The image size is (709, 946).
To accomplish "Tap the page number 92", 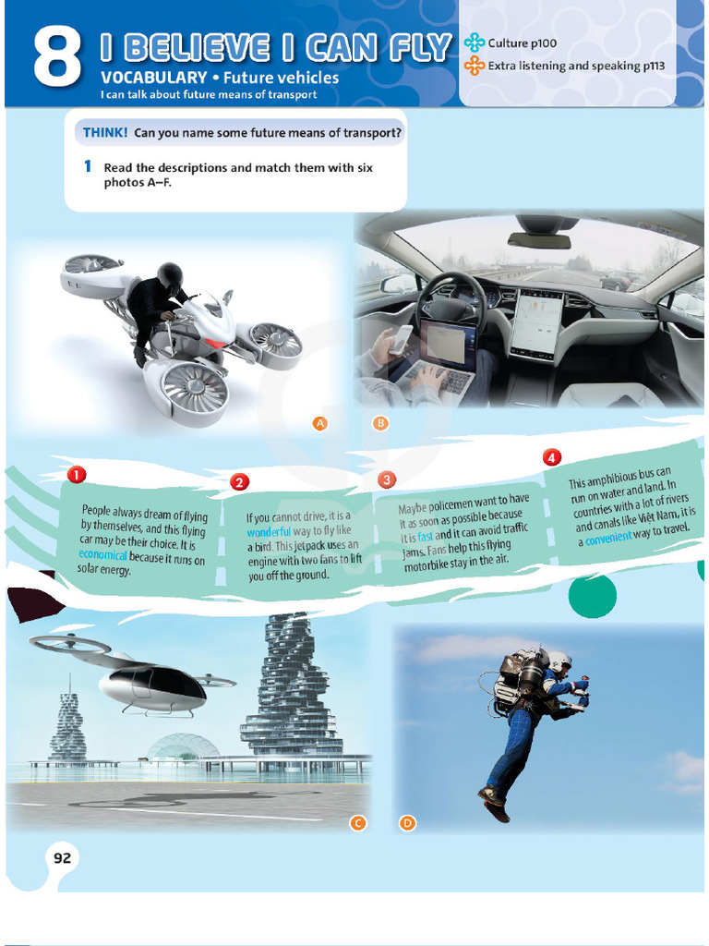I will pos(62,858).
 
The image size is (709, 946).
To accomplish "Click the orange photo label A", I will pos(320,423).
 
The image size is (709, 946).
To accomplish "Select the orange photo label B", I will pos(379,423).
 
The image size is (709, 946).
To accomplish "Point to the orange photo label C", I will pos(359,822).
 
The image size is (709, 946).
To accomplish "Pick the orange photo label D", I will pos(406,822).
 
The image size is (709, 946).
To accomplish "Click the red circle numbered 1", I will pos(77,475).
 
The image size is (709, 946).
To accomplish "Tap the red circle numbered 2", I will pos(239,481).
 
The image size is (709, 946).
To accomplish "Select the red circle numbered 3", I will pos(386,479).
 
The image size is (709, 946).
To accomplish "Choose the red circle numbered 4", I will pos(551,457).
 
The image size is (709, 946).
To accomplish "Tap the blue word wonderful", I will pos(269,532).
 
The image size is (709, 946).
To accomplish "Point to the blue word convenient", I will pos(608,537).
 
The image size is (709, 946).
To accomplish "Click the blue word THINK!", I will pos(105,133).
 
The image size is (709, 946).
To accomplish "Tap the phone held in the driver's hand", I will pos(401,339).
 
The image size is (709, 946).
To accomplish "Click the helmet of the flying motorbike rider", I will pos(170,275).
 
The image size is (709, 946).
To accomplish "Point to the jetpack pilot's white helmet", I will pos(559,661).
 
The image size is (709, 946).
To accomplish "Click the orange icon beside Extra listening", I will pos(475,66).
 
